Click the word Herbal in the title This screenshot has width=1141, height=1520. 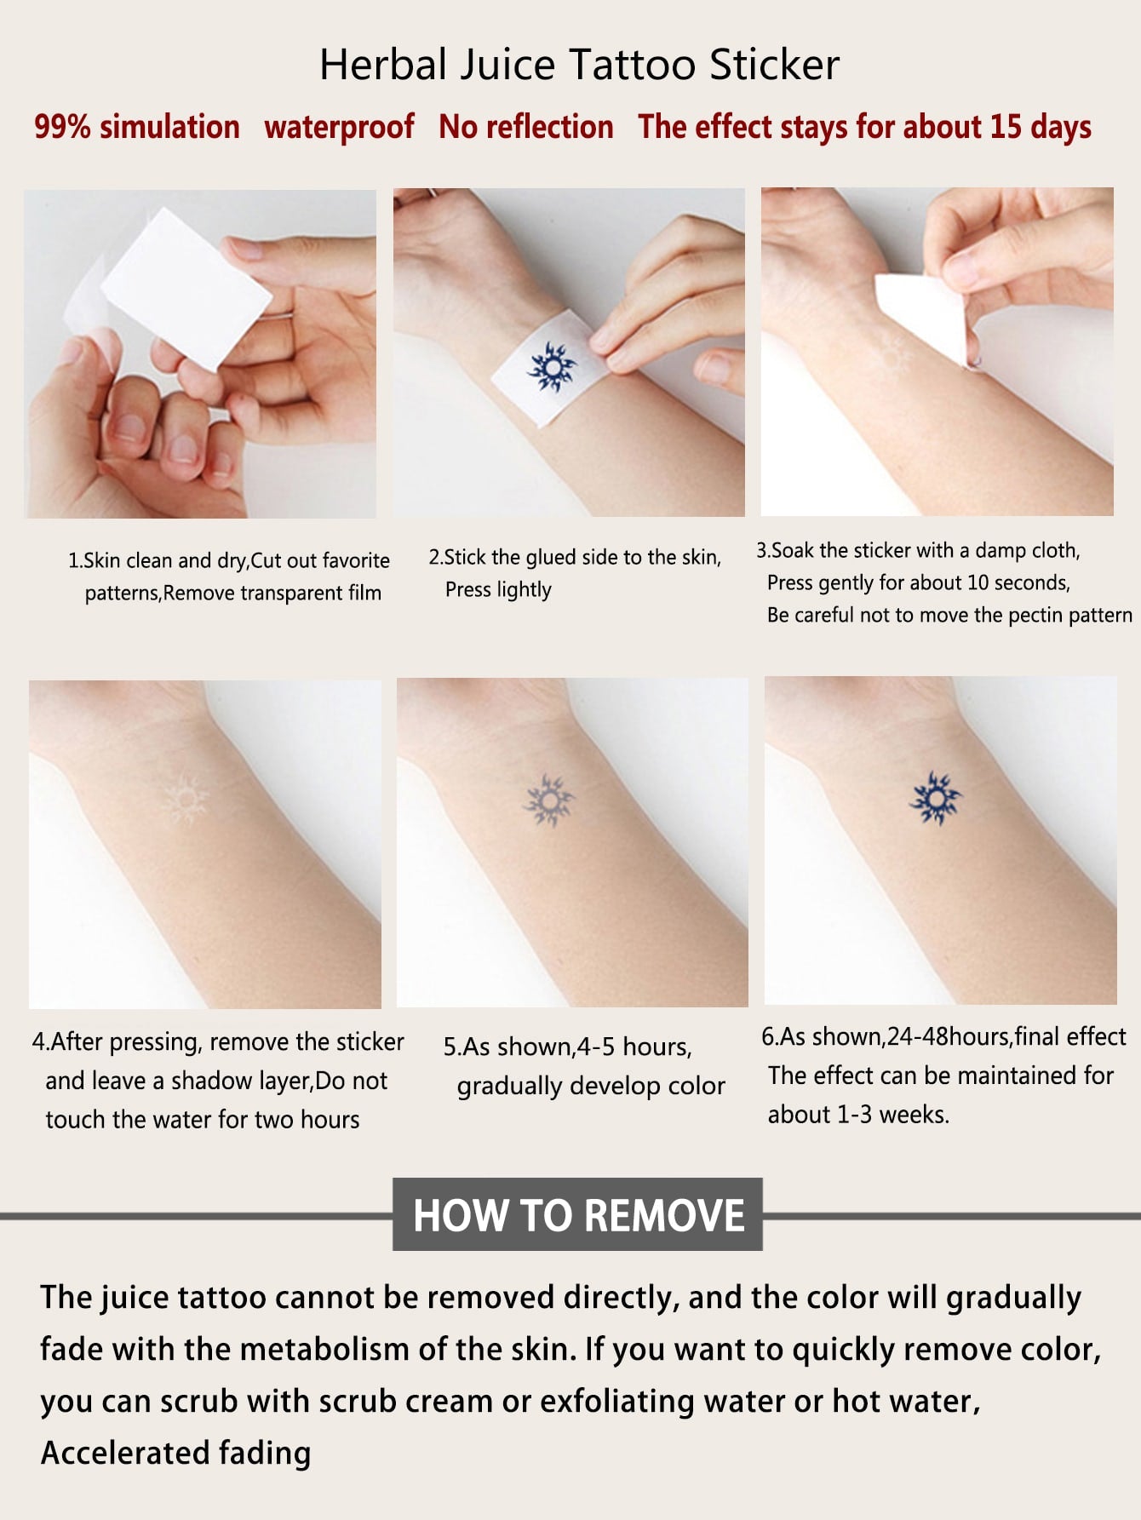[383, 66]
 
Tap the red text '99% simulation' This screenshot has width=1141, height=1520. [137, 127]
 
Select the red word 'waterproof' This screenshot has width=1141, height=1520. [339, 128]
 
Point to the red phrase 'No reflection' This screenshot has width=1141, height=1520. [526, 127]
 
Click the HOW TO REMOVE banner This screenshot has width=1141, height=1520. [577, 1214]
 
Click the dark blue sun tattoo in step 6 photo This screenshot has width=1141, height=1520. [935, 799]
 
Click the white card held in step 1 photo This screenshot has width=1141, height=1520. [186, 288]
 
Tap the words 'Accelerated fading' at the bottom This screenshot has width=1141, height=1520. [176, 1453]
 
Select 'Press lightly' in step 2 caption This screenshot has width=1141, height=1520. [498, 589]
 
